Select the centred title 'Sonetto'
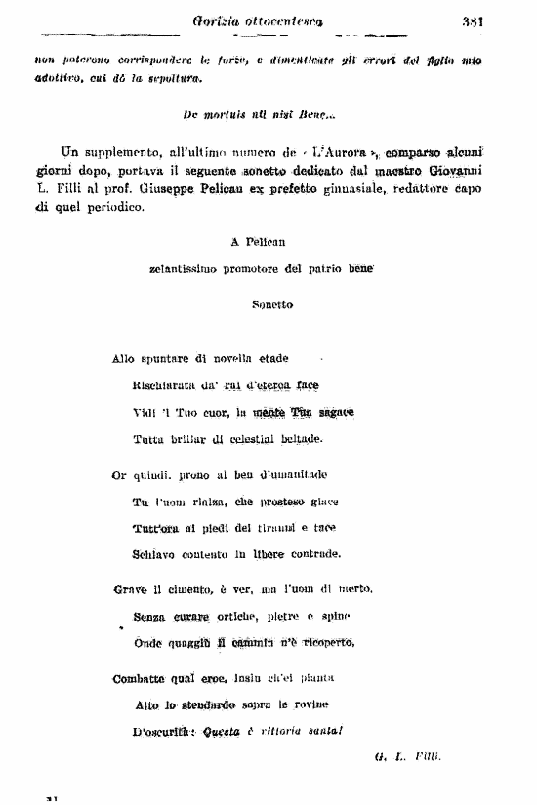point(271,304)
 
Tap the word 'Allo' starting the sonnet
point(124,358)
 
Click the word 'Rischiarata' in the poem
point(162,385)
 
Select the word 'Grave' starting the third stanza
point(130,589)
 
